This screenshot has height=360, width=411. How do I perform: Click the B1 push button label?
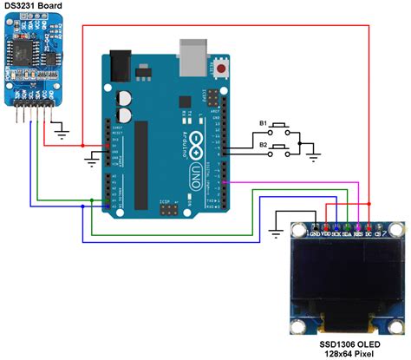pyautogui.click(x=263, y=124)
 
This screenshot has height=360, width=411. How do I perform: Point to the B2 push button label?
pyautogui.click(x=263, y=147)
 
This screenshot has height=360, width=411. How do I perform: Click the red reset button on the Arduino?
pyautogui.click(x=223, y=68)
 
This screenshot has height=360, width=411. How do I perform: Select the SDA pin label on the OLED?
pyautogui.click(x=347, y=233)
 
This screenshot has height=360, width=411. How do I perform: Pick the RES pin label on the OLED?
pyautogui.click(x=357, y=233)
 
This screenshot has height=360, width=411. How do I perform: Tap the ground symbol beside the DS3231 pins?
pyautogui.click(x=60, y=133)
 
